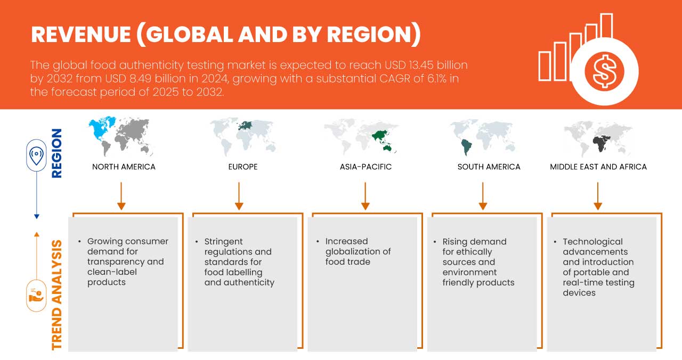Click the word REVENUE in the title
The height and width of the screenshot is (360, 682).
pyautogui.click(x=81, y=35)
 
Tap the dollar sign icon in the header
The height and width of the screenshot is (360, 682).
pyautogui.click(x=604, y=72)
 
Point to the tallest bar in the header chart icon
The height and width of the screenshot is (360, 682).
pyautogui.click(x=606, y=27)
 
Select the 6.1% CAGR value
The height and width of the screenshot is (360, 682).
pyautogui.click(x=436, y=78)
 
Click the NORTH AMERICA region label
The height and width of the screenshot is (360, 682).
pyautogui.click(x=124, y=167)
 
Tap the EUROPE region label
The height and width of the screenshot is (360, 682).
pyautogui.click(x=243, y=167)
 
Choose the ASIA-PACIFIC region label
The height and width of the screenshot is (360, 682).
pyautogui.click(x=366, y=167)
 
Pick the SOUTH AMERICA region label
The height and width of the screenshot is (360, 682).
pyautogui.click(x=489, y=167)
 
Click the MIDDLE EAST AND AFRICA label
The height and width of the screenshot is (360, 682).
pyautogui.click(x=598, y=167)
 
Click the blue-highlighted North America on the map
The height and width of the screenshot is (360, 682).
pyautogui.click(x=102, y=128)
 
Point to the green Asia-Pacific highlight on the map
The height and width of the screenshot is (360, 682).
pyautogui.click(x=383, y=141)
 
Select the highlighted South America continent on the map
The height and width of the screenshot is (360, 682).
pyautogui.click(x=466, y=147)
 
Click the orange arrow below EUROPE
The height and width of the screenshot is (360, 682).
pyautogui.click(x=239, y=196)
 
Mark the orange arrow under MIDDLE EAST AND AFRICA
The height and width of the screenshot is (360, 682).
pyautogui.click(x=598, y=196)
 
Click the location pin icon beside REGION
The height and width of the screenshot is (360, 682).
pyautogui.click(x=36, y=155)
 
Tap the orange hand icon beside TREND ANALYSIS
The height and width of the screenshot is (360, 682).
pyautogui.click(x=36, y=296)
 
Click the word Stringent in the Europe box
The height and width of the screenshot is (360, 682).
pyautogui.click(x=223, y=242)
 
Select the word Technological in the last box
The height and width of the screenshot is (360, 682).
pyautogui.click(x=592, y=242)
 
